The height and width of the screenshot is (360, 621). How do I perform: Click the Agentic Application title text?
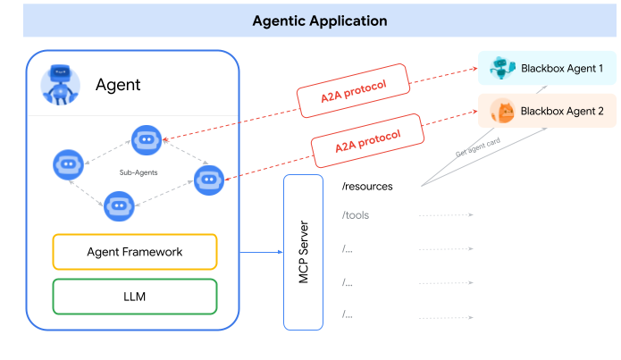coord(320,21)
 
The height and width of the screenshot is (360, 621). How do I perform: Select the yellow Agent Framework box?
coord(135,252)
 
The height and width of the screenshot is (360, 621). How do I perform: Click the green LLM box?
coord(135,297)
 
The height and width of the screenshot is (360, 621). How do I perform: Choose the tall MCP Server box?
coord(302,252)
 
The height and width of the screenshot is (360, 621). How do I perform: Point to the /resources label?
coord(367,186)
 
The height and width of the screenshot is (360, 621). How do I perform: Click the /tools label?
coord(355,215)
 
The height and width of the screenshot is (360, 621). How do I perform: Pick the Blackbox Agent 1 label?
coord(562,68)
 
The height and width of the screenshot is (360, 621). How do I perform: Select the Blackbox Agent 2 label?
coord(562,111)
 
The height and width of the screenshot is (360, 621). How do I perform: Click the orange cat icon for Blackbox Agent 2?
coord(503,111)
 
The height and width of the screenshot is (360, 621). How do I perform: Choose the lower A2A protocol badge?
coord(366,137)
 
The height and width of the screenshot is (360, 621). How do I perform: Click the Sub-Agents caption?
coord(138,171)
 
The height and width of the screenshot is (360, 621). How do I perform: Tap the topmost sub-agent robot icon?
coord(146,138)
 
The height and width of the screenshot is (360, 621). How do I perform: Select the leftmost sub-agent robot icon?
coord(69,163)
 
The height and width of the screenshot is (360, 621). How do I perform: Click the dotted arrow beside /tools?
coord(445,215)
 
